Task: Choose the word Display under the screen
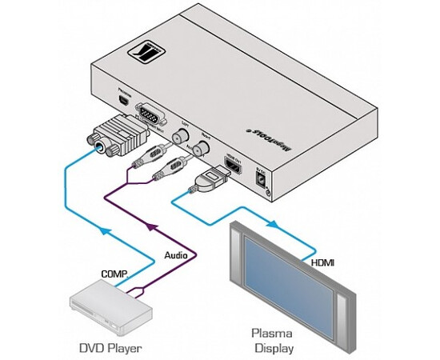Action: coord(274,348)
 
